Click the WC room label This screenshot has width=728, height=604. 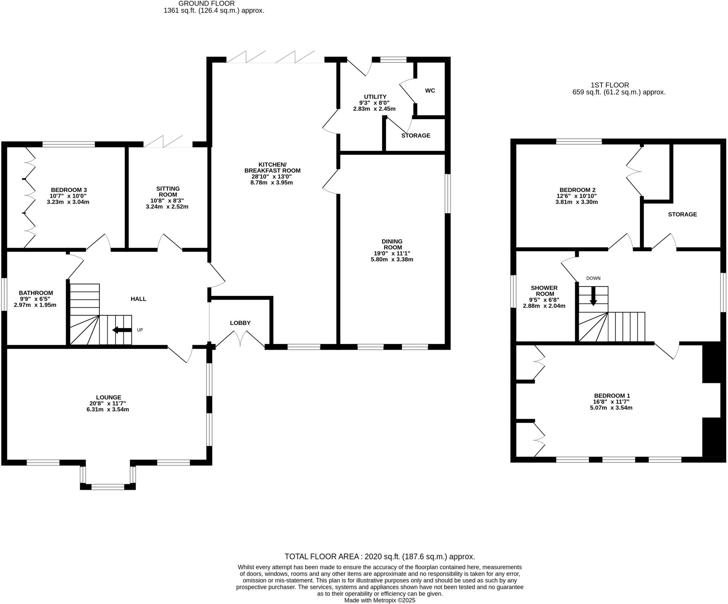[430, 91]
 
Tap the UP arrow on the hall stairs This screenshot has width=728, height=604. [122, 330]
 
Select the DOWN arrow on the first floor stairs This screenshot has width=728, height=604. [593, 296]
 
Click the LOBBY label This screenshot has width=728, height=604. [240, 323]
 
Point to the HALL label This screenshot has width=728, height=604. [139, 299]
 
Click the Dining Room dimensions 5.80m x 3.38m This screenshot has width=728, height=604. [392, 260]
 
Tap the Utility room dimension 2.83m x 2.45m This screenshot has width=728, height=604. [374, 109]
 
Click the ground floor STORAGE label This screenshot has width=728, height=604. [416, 135]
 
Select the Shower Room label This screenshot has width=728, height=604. [544, 291]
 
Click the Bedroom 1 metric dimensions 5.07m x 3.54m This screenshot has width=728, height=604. [611, 408]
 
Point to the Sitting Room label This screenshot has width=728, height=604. [168, 192]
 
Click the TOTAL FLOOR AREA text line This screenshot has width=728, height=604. [380, 557]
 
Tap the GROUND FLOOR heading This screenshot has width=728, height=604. [207, 4]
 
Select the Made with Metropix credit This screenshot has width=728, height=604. [380, 600]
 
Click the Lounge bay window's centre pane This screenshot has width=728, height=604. [108, 487]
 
